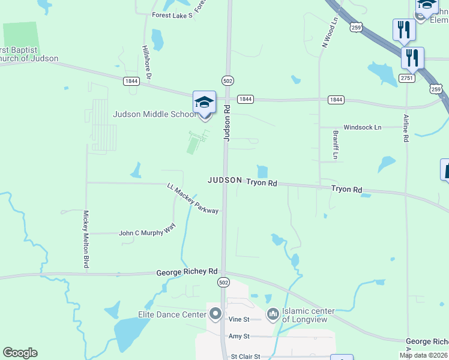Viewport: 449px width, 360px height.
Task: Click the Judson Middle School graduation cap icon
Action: pyautogui.click(x=204, y=103)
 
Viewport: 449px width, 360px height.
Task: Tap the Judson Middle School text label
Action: pyautogui.click(x=154, y=114)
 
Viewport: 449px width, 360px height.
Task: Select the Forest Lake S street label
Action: pyautogui.click(x=172, y=15)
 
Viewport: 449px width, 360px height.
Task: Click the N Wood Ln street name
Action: pyautogui.click(x=330, y=32)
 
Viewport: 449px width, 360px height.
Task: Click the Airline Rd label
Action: pyautogui.click(x=406, y=128)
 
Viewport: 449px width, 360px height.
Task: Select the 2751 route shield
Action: pyautogui.click(x=408, y=77)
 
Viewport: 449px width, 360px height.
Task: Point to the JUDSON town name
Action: pyautogui.click(x=225, y=180)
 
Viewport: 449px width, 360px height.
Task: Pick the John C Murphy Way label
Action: pyautogui.click(x=147, y=232)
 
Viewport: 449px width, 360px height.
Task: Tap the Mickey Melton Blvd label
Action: pyautogui.click(x=86, y=239)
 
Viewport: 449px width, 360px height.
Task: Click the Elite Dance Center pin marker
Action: pyautogui.click(x=216, y=313)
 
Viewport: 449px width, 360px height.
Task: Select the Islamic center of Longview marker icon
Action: pyautogui.click(x=273, y=313)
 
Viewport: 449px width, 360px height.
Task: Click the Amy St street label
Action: pyautogui.click(x=238, y=337)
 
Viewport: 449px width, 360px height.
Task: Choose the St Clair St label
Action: pyautogui.click(x=246, y=356)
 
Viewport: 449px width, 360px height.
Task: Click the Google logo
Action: pyautogui.click(x=20, y=353)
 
